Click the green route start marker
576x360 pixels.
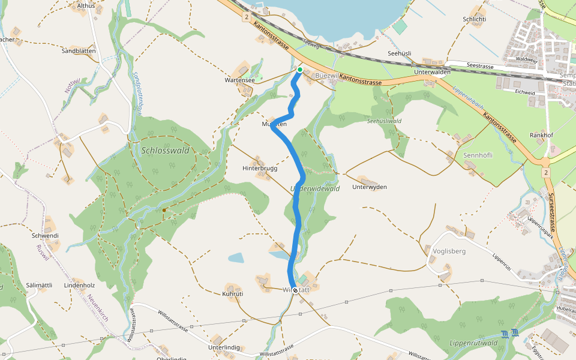coord(300,70)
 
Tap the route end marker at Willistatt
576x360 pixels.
coord(295,290)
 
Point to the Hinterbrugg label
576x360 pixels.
coord(260,169)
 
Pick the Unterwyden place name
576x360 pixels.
coord(370,187)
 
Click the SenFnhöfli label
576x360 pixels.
coord(478,155)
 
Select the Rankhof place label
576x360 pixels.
coord(541,135)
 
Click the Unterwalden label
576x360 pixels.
coord(432,72)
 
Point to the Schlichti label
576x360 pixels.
coord(473,19)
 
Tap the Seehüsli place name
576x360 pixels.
coord(400,53)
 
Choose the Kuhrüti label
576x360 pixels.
coord(232,294)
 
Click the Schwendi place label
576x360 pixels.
coord(46,236)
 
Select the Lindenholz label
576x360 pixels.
coord(80,285)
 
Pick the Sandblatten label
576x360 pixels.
coord(79,51)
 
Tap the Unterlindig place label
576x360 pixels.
coord(224,347)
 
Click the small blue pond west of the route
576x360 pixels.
coord(236,258)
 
